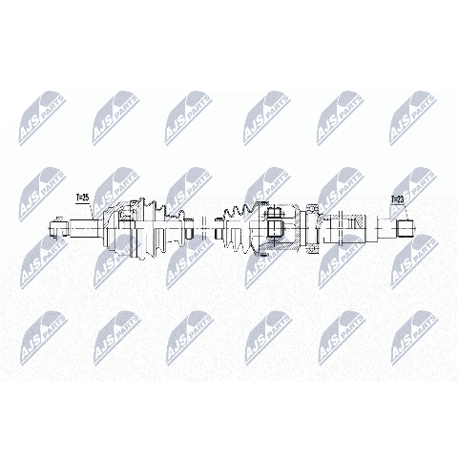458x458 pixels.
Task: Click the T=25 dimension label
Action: click(82, 198)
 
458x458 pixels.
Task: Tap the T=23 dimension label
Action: click(397, 199)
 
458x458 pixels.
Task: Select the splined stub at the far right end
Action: click(406, 228)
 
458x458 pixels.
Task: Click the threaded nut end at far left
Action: click(59, 227)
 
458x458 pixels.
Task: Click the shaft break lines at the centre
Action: click(204, 228)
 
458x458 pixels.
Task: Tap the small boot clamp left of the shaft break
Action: click(189, 228)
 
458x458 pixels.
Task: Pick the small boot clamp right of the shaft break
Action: click(219, 228)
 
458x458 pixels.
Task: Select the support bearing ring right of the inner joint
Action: click(312, 228)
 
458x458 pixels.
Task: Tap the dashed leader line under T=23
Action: click(406, 212)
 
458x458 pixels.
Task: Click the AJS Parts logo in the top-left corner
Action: click(43, 118)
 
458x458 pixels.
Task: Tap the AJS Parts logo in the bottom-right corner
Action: click(414, 339)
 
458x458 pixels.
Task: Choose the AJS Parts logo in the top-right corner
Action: click(414, 118)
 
